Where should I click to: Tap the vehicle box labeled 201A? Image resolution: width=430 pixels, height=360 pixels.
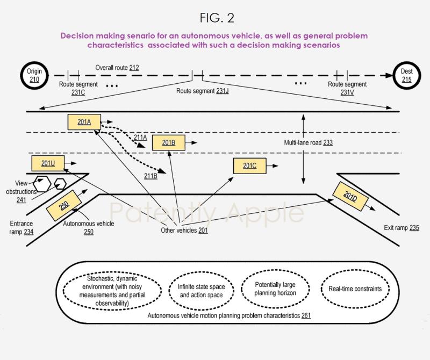point(84,122)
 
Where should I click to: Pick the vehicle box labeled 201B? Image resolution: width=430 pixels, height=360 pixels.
point(168,142)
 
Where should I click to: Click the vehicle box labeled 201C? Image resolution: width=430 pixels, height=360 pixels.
point(249,166)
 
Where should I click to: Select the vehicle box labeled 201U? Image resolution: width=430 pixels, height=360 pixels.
point(48,163)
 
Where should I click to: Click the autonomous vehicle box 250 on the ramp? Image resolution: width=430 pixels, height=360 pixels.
point(64,207)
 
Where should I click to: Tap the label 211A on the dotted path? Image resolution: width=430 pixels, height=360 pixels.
point(140,138)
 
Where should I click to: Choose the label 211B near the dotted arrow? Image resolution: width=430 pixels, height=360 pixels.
point(150,175)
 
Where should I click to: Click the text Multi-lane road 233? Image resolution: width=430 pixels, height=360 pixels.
point(309,143)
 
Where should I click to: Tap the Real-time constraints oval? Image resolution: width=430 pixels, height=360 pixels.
point(355,289)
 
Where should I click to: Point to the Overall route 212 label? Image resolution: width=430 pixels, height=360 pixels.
point(117,68)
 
